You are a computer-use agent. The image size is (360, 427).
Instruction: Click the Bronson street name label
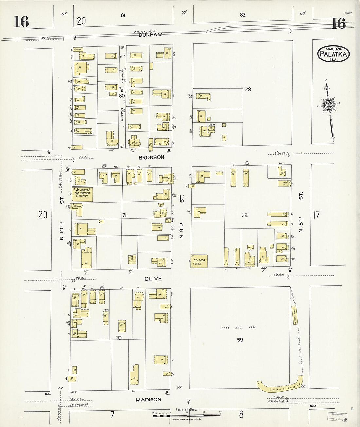click(151, 157)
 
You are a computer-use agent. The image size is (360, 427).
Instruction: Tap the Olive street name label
click(153, 279)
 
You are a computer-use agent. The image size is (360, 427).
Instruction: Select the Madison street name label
click(148, 400)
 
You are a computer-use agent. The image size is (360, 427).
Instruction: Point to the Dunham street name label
click(150, 35)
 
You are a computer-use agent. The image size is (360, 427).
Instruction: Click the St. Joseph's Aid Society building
click(82, 194)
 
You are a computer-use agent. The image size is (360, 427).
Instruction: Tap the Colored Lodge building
click(199, 261)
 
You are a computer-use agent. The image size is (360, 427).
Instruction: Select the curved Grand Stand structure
click(280, 386)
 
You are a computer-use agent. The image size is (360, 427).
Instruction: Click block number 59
click(240, 340)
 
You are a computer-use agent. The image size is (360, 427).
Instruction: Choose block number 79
click(248, 89)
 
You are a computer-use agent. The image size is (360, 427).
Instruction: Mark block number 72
click(244, 215)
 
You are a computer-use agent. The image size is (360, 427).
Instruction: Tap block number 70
click(118, 337)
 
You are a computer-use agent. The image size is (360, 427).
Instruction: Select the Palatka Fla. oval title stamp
click(333, 53)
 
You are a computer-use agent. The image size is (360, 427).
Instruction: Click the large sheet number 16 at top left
click(22, 22)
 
